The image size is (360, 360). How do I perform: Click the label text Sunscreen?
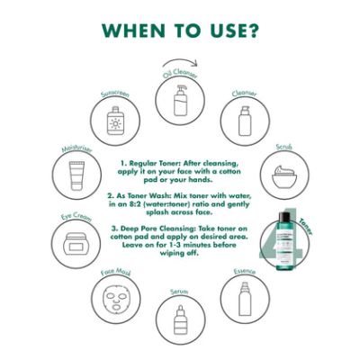coord(116,93)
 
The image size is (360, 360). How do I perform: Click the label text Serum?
coord(179,291)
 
